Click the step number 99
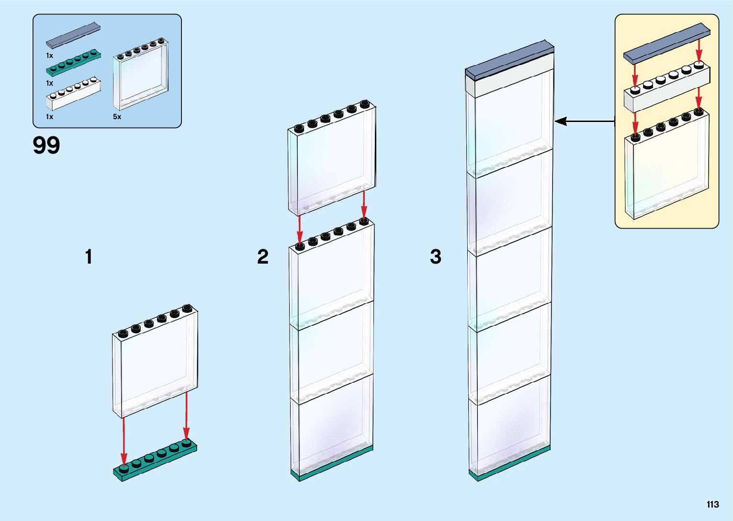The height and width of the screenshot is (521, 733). pyautogui.click(x=46, y=145)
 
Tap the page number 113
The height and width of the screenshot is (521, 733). pyautogui.click(x=712, y=504)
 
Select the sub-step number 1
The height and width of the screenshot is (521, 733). pyautogui.click(x=89, y=257)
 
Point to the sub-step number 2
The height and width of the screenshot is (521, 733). pyautogui.click(x=263, y=257)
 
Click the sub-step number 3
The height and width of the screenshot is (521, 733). pyautogui.click(x=435, y=257)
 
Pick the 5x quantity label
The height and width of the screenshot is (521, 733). pyautogui.click(x=117, y=117)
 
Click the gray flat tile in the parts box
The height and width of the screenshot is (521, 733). pyautogui.click(x=73, y=35)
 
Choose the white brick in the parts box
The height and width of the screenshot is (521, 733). pyautogui.click(x=73, y=94)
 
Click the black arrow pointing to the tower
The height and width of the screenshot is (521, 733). pyautogui.click(x=584, y=122)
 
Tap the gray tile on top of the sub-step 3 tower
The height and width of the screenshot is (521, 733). pyautogui.click(x=509, y=60)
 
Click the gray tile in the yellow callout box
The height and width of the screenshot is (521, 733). pyautogui.click(x=666, y=44)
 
